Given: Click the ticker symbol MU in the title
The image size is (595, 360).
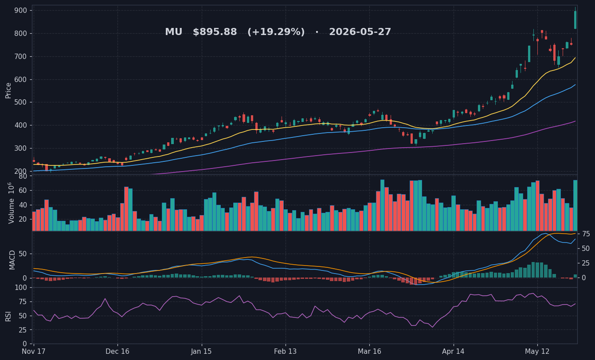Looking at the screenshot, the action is pyautogui.click(x=173, y=32).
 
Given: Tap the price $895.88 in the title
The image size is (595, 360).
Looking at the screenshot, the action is pyautogui.click(x=215, y=32).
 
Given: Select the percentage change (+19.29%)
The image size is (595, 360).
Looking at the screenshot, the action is pyautogui.click(x=276, y=32).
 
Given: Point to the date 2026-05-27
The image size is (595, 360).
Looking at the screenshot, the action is pyautogui.click(x=360, y=32).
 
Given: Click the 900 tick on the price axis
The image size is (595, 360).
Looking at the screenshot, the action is pyautogui.click(x=21, y=11).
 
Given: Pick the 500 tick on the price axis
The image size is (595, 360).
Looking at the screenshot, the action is pyautogui.click(x=21, y=102).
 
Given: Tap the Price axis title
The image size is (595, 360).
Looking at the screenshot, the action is pyautogui.click(x=8, y=91).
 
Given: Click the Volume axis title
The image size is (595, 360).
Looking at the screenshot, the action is pyautogui.click(x=11, y=203).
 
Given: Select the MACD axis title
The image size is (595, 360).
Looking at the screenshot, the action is pyautogui.click(x=12, y=260).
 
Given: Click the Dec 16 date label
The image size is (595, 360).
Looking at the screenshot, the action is pyautogui.click(x=117, y=352).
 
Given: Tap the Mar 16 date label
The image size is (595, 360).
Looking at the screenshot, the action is pyautogui.click(x=369, y=352).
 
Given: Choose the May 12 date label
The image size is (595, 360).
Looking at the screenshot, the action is pyautogui.click(x=537, y=352).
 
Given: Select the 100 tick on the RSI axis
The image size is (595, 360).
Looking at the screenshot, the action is pyautogui.click(x=21, y=288).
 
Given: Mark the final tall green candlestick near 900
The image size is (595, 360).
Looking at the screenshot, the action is pyautogui.click(x=575, y=20).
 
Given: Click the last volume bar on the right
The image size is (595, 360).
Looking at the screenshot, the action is pyautogui.click(x=575, y=205).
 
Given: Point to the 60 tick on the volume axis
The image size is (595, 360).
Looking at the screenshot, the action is pyautogui.click(x=23, y=191).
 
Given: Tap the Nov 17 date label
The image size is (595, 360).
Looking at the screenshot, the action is pyautogui.click(x=34, y=352).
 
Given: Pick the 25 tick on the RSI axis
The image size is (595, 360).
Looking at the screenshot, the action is pyautogui.click(x=23, y=330).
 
